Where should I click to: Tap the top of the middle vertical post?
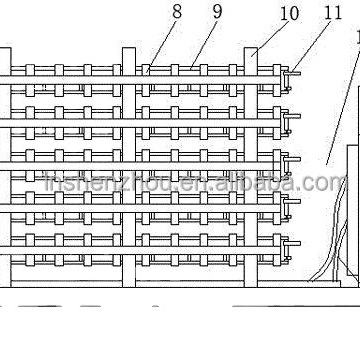[x=128, y=50]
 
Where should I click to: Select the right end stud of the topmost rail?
[x=295, y=72]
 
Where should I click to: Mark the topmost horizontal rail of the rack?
[x=150, y=75]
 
